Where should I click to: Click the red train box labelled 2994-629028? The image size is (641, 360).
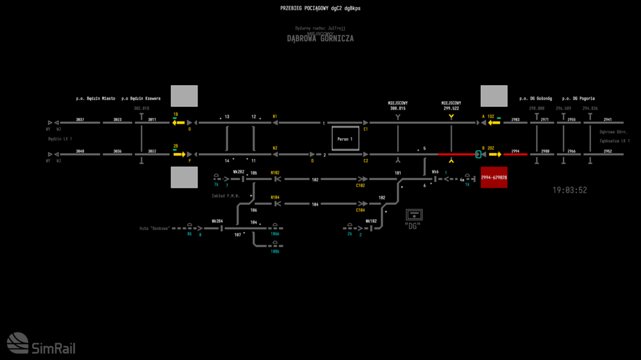(x=494, y=177)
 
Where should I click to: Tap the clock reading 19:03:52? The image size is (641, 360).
(x=570, y=190)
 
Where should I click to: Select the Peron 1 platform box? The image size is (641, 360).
(x=345, y=138)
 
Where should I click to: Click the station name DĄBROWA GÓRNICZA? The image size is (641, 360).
(x=320, y=38)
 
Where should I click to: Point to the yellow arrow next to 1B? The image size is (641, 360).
(x=178, y=122)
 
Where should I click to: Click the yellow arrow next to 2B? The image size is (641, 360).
(x=178, y=154)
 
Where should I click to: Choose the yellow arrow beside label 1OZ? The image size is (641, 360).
(x=493, y=122)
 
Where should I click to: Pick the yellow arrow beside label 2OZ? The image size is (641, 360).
(x=495, y=154)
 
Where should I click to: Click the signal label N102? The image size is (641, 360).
(x=275, y=173)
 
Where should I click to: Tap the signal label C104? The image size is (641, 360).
(x=360, y=210)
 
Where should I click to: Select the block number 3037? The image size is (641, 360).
(x=80, y=120)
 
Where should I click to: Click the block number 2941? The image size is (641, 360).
(x=608, y=120)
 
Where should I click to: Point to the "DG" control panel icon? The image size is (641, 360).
(x=414, y=215)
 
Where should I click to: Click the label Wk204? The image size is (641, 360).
(x=217, y=221)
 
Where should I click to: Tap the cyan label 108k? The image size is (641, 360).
(x=274, y=252)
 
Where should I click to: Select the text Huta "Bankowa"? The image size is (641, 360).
(x=154, y=228)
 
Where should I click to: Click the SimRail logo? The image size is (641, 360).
(x=40, y=343)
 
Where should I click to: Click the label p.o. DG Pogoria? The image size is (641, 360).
(x=578, y=99)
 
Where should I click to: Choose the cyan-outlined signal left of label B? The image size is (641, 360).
(x=478, y=154)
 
